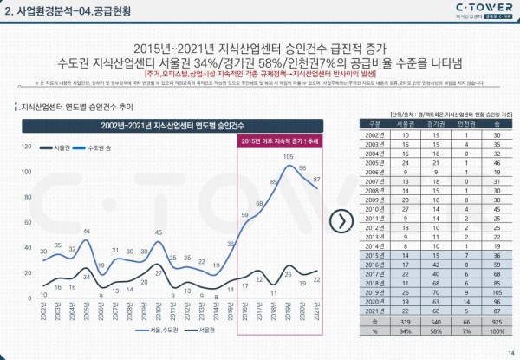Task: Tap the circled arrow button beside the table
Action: point(345,219)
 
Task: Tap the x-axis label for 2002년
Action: point(43,308)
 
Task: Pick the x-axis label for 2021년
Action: point(318,308)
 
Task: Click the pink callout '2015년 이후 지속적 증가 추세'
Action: point(278,140)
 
